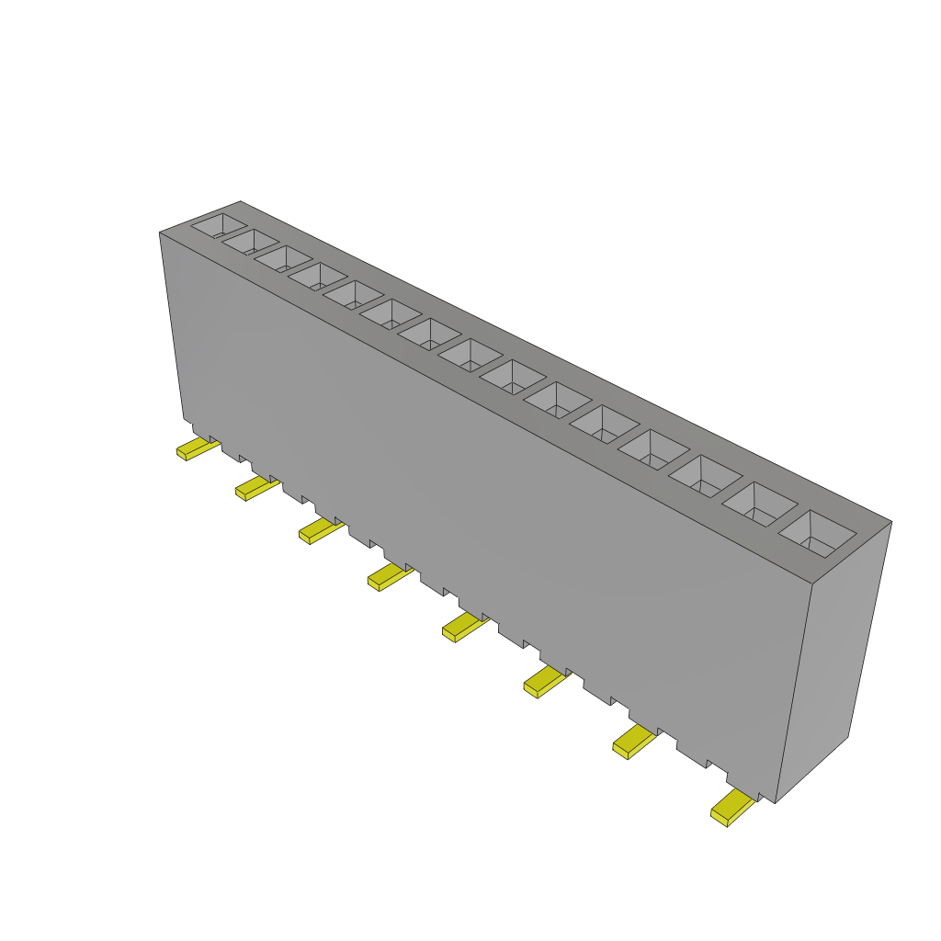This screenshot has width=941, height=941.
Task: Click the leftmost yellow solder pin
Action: point(197,449)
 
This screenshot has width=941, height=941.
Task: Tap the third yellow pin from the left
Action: point(320,530)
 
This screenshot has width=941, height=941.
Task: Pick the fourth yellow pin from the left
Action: point(389,577)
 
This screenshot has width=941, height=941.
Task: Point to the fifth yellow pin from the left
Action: point(463,628)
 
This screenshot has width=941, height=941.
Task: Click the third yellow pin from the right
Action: point(545,682)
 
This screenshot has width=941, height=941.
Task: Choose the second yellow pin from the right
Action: point(634,741)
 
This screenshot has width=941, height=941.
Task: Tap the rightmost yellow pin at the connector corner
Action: point(731,808)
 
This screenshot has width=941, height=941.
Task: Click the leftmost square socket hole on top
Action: point(219,225)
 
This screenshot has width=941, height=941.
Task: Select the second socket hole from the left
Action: point(250,242)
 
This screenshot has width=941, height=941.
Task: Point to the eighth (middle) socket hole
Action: point(470,354)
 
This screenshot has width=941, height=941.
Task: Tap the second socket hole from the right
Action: point(761,504)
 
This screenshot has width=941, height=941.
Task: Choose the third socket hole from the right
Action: point(705,475)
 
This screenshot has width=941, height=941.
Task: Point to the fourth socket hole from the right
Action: point(653,448)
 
